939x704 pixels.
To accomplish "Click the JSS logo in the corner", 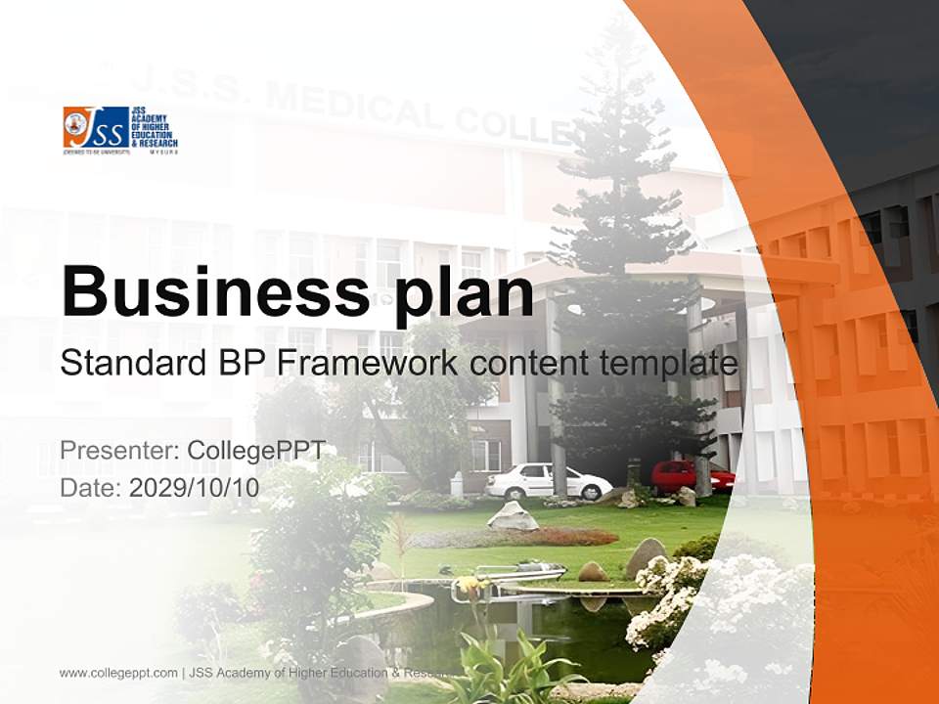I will pos(120,131).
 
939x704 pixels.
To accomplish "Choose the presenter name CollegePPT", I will pos(255,451).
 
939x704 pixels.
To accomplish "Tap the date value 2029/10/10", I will pos(194,487).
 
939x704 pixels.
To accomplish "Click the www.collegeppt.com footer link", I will pos(118,673).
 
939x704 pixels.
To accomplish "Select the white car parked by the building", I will pos(548,481).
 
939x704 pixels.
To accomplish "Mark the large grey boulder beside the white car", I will pos(513,515).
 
